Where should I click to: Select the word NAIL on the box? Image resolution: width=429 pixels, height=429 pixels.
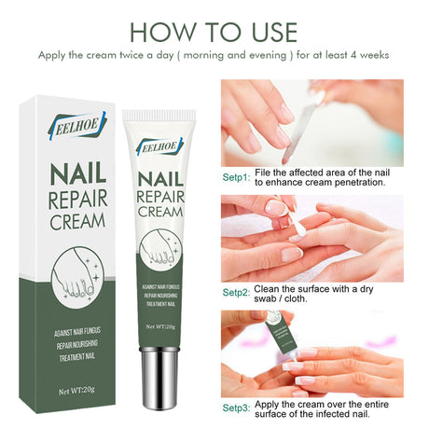tap(63, 174)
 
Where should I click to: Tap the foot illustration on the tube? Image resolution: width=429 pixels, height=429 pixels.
tap(159, 254)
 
